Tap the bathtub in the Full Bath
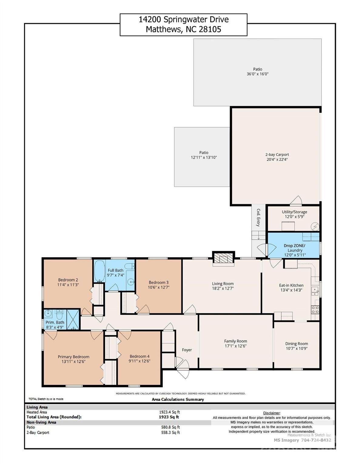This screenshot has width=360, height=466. coord(99,271)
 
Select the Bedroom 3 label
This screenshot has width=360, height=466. coord(159,282)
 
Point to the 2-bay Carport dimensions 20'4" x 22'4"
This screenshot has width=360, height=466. coord(277,159)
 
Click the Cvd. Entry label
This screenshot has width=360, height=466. coord(258,218)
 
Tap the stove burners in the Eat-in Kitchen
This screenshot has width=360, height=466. coord(315,309)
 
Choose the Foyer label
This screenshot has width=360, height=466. coord(187,350)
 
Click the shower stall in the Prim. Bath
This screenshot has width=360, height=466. coord(73,319)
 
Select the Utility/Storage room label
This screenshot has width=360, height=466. coord(294,212)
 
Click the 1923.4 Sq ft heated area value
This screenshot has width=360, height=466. coord(169,412)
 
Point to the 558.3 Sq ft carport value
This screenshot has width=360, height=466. coord(170,433)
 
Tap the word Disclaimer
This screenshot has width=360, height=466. coord(271,413)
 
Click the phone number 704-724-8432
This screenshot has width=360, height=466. coord(316,440)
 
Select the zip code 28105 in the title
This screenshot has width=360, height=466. coord(210,29)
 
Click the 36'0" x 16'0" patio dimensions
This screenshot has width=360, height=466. coord(257,74)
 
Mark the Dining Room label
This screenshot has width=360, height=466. coord(297,343)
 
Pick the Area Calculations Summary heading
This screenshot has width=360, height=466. coord(178,399)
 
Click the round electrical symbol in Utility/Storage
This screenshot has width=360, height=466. coord(315,226)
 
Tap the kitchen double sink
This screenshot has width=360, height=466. coord(315,291)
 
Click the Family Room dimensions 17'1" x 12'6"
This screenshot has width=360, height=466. coord(235,346)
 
